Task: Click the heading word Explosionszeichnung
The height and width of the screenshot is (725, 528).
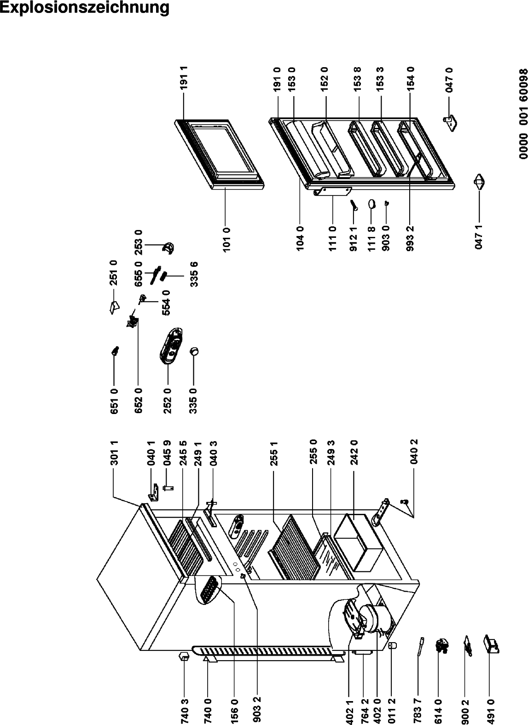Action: (x=84, y=8)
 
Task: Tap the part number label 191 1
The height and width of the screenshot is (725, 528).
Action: (x=184, y=78)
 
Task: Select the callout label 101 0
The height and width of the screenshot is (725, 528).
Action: (x=227, y=239)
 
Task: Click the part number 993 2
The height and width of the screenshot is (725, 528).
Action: (x=410, y=239)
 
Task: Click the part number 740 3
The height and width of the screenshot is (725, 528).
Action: (x=184, y=711)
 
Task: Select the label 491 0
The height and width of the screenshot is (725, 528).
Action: (x=490, y=711)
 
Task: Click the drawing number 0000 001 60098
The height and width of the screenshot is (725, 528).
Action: (x=523, y=114)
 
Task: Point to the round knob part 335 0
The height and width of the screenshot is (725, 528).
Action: (x=194, y=351)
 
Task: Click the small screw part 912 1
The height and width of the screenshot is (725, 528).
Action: (x=354, y=205)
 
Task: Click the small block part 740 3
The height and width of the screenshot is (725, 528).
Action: (x=184, y=656)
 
